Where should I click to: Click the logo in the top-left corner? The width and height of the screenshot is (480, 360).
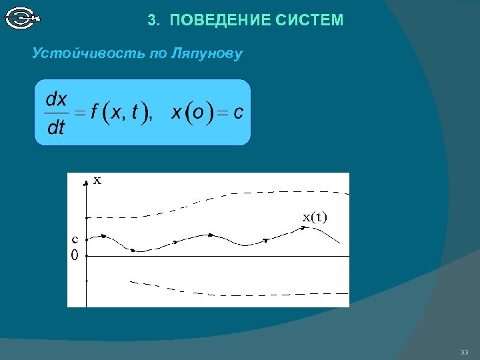pos(23,17)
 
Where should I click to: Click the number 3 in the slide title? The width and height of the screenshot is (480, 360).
pos(151,21)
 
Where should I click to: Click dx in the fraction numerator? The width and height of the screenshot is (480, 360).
pos(56,99)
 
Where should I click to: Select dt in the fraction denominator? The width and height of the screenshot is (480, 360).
pos(56,127)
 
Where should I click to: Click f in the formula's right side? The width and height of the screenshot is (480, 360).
pos(95,113)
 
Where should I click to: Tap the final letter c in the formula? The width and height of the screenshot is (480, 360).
pos(238,113)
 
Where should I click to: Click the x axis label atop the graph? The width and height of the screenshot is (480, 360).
pos(97,180)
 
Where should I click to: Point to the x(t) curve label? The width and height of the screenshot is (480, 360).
pos(315,217)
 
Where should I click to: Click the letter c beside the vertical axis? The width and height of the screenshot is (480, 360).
pos(75,238)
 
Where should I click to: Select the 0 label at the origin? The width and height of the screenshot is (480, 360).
pos(75,255)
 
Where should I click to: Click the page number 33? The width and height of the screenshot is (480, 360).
pos(464,352)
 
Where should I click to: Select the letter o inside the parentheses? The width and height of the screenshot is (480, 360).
pos(198,113)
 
